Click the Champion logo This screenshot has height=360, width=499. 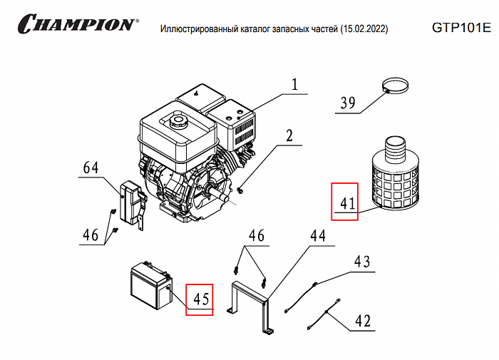pos(75,24)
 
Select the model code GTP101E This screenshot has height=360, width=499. pos(461,28)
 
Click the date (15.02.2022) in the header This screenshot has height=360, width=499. pos(364,29)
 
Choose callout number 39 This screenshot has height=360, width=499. pos(347,103)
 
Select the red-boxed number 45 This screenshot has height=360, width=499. pos(200,299)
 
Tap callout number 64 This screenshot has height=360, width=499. pos(91,169)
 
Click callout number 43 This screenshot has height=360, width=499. pos(362,262)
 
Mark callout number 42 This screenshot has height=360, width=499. pos(362,321)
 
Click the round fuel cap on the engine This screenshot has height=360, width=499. pos(175,120)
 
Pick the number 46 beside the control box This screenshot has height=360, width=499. pos(91,235)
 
